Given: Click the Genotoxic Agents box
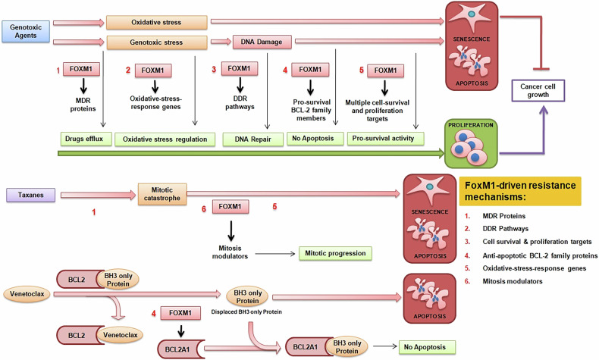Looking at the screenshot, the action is (x=26, y=31).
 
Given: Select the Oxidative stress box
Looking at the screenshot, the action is (x=157, y=23).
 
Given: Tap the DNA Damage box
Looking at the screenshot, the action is (x=262, y=42).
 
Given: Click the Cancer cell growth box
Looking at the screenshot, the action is (x=538, y=90).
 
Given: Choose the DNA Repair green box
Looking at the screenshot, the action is (x=253, y=139).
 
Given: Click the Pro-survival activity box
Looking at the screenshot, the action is (x=385, y=139).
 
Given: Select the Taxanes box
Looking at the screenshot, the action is (x=31, y=195).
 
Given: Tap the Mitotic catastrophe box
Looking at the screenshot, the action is (x=162, y=194).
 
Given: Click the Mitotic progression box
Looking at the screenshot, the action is (x=335, y=253).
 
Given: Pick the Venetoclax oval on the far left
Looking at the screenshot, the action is (x=27, y=294).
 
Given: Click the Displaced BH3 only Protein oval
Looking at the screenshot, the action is (x=247, y=297).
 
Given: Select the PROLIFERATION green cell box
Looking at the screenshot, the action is (x=471, y=143).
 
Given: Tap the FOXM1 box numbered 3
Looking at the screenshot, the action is (x=240, y=68).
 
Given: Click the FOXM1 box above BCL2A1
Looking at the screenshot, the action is (x=180, y=313).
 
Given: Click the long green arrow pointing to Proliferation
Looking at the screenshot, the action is (x=251, y=153).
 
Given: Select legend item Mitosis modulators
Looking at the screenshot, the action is (x=513, y=281).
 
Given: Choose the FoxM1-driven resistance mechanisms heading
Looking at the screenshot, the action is (x=520, y=191).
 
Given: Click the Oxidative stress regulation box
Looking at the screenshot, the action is (x=165, y=139).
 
